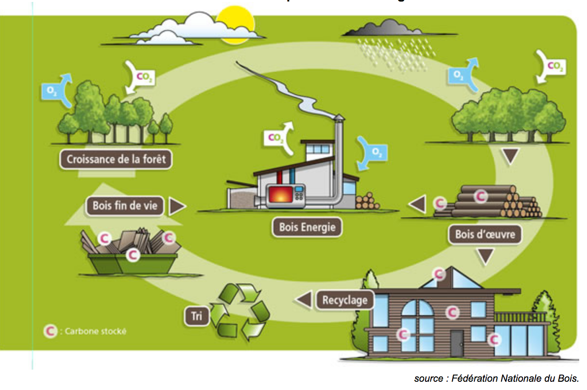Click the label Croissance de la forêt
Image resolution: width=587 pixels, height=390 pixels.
click(116, 159)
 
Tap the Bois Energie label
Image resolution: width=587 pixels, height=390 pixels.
click(307, 227)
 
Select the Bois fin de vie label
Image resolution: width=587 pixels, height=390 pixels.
click(125, 206)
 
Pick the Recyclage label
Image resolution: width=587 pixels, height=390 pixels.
click(345, 300)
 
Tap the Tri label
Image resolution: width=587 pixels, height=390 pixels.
click(196, 316)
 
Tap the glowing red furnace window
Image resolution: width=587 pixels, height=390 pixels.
click(278, 194)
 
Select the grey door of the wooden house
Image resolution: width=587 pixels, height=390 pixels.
click(457, 343)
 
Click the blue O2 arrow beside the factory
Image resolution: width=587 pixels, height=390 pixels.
click(373, 152)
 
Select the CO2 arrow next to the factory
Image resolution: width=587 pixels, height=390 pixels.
click(279, 138)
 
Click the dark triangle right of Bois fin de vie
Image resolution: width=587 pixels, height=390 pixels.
click(178, 206)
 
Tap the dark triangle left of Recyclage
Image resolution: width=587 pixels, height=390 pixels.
click(304, 300)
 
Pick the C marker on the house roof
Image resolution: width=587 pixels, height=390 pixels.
click(439, 274)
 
